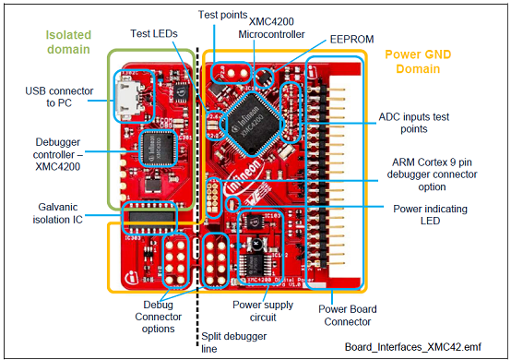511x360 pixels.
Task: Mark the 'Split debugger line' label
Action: (x=226, y=343)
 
